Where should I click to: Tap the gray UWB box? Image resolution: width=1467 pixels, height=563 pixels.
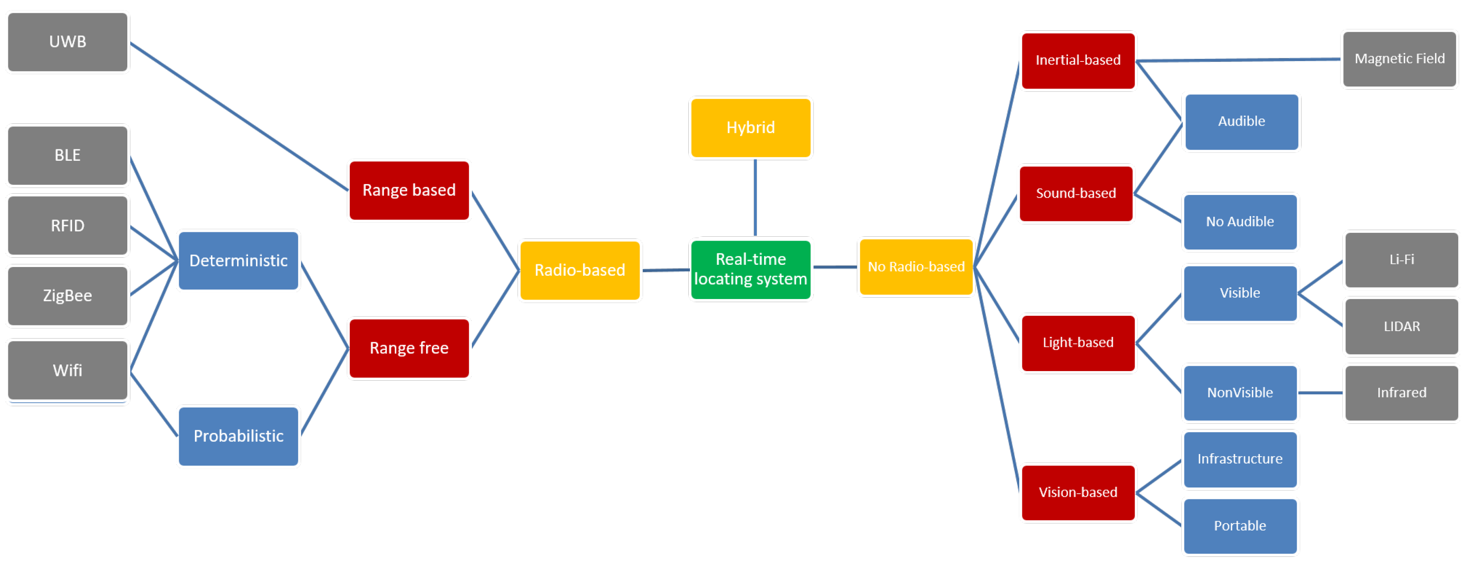[67, 42]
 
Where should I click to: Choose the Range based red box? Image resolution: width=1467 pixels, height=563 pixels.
[409, 190]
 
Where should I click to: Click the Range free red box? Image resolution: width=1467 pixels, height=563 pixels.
[409, 348]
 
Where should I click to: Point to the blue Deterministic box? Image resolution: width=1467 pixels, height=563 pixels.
[238, 260]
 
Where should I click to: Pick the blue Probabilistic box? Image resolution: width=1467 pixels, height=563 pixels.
[238, 436]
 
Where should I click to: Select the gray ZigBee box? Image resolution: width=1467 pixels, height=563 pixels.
[67, 296]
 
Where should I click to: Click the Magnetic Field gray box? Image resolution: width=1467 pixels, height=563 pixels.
[1399, 59]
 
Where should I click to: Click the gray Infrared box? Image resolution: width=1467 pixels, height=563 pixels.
[1401, 393]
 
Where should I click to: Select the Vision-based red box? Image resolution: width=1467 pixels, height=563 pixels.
[1078, 492]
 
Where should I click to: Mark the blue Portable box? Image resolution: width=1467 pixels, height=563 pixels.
[1240, 525]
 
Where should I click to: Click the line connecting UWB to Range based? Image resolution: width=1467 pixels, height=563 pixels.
[239, 116]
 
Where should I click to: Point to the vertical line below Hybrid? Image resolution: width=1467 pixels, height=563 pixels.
[755, 197]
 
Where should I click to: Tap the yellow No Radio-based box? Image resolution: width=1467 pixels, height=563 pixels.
[916, 267]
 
